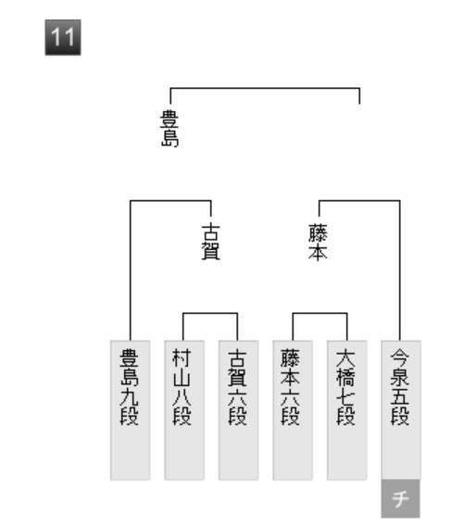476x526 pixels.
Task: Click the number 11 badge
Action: pos(63,37)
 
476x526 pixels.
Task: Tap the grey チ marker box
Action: pos(400,498)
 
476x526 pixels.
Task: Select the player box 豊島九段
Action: pos(131,410)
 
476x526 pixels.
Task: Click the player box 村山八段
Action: pos(184,410)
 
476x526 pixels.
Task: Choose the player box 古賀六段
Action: pos(239,410)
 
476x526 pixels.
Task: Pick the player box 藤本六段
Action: pos(293,410)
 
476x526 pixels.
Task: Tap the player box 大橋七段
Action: pos(347,410)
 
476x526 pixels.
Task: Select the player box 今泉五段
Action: pos(401,410)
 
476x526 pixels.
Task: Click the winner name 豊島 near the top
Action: pos(169,129)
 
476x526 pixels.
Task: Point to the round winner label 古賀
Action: pos(211,242)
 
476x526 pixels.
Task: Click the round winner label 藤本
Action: pos(318,242)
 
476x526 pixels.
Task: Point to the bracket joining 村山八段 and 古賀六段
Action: pos(210,313)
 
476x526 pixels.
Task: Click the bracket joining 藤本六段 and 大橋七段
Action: pos(320,313)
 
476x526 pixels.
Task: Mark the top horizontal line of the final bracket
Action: pos(265,88)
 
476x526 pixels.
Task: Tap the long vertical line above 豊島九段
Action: pos(131,270)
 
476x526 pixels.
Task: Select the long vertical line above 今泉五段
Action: pos(400,270)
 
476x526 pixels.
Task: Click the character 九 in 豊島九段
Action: pos(130,397)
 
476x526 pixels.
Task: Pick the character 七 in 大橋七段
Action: pos(345,397)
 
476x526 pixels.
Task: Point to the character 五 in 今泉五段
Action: pos(400,397)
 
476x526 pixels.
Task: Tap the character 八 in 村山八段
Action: pos(182,397)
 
